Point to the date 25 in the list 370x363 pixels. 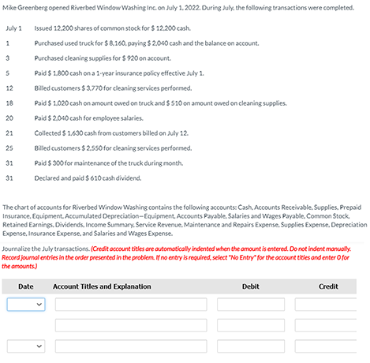[x=10, y=148]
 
